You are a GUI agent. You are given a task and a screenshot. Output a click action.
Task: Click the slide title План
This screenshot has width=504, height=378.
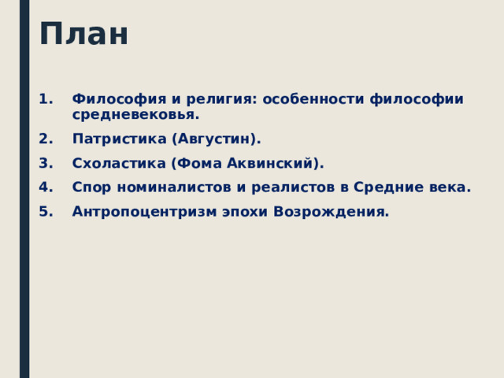click(x=83, y=35)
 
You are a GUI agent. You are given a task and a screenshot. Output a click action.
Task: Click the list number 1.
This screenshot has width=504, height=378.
click(x=43, y=99)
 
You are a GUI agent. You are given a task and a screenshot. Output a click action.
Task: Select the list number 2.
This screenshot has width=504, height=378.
click(x=44, y=139)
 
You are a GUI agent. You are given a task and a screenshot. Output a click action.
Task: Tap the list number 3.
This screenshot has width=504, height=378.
click(x=44, y=163)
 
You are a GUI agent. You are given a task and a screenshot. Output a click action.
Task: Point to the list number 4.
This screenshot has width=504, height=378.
click(x=44, y=187)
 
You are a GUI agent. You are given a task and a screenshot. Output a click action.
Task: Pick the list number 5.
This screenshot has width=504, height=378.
click(x=44, y=212)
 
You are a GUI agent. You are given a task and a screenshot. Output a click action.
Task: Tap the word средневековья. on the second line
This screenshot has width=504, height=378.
click(x=135, y=115)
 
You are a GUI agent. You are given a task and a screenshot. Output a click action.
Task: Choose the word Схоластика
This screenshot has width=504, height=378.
click(x=117, y=163)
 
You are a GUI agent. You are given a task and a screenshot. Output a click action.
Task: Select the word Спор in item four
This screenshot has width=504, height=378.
click(x=88, y=187)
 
